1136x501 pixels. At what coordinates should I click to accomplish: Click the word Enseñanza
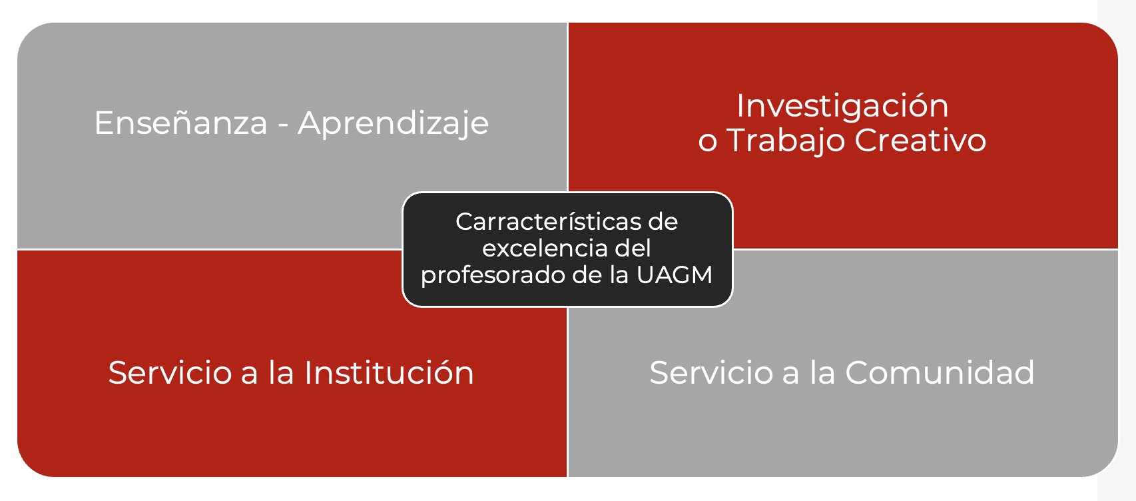click(x=180, y=123)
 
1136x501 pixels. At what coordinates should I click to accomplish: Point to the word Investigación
click(x=842, y=107)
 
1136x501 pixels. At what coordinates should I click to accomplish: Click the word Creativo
click(x=920, y=141)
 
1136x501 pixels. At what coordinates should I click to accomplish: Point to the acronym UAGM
click(x=675, y=275)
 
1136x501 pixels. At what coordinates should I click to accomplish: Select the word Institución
click(x=389, y=372)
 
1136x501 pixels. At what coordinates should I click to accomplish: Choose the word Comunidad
click(x=940, y=372)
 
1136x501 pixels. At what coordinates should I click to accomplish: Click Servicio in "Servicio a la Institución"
click(x=170, y=372)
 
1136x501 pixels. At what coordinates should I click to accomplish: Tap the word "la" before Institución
click(x=281, y=372)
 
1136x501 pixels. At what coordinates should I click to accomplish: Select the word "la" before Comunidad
click(x=822, y=372)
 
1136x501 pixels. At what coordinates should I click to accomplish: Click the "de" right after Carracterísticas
click(x=663, y=222)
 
